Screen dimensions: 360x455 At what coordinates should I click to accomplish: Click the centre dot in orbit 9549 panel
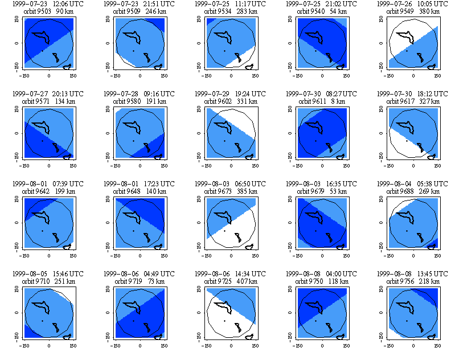pos(406,51)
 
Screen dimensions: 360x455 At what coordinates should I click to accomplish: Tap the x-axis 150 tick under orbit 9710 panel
pos(73,345)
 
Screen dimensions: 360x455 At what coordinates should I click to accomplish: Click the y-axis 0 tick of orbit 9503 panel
pos(16,43)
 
